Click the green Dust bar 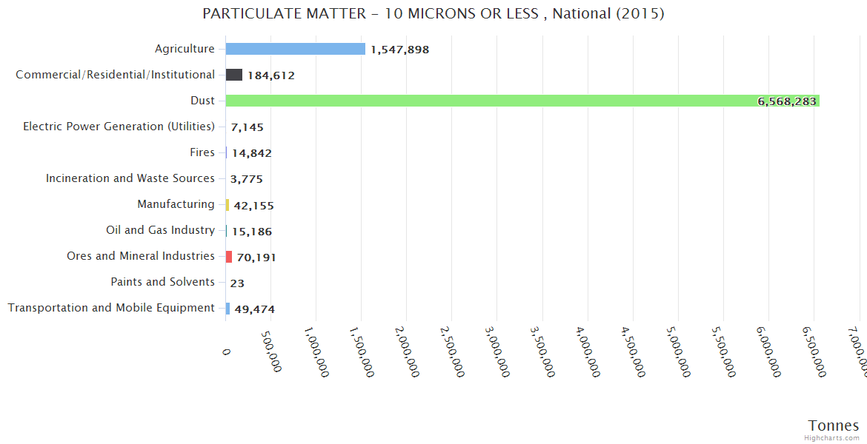coord(519,101)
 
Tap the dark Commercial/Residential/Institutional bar coord(234,75)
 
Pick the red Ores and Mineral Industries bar coord(229,256)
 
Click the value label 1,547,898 coord(400,50)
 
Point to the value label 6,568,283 coord(786,101)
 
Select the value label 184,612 coord(271,75)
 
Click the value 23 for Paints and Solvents coord(237,283)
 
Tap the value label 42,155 coord(253,205)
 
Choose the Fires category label coord(202,152)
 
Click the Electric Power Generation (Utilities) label coord(119,127)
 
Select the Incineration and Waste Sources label coord(130,178)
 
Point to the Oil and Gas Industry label coord(160,230)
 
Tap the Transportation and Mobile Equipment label coord(111,308)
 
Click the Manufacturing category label coord(176,204)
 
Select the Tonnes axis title coord(833,425)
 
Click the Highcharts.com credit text coord(832,437)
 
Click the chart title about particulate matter coord(433,14)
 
